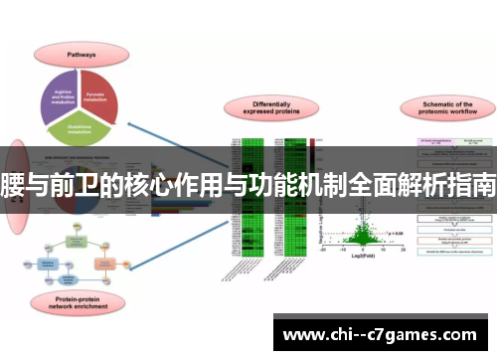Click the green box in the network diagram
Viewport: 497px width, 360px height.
point(78,243)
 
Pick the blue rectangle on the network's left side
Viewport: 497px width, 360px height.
point(47,263)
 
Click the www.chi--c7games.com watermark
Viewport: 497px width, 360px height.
point(382,334)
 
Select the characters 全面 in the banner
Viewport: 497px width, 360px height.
point(358,186)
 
